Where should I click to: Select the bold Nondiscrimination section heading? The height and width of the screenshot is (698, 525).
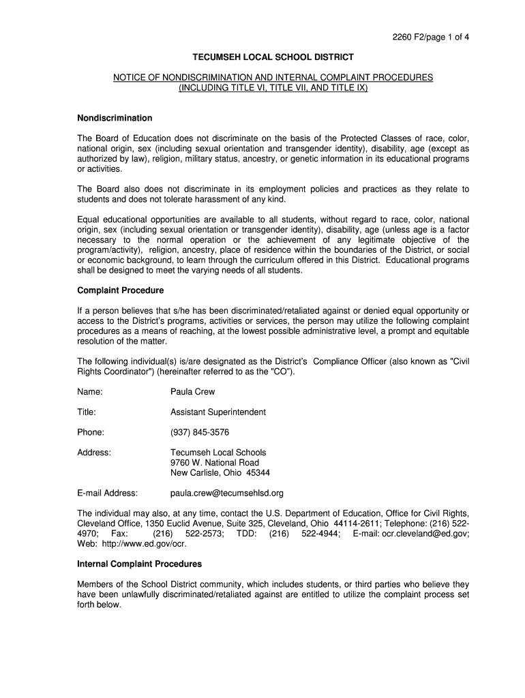tap(114, 118)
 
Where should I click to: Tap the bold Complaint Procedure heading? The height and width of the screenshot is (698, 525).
tap(120, 290)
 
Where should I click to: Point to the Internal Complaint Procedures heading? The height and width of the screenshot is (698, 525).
tap(139, 564)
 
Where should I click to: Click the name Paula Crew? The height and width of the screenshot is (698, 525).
tap(192, 392)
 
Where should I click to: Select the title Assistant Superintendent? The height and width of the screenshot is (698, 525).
tap(218, 412)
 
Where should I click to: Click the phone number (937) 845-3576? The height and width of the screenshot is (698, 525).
tap(200, 432)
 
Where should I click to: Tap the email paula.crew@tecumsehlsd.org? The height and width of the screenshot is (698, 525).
tap(226, 493)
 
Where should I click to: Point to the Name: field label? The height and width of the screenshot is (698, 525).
tap(90, 392)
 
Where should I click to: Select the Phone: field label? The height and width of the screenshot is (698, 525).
tap(91, 432)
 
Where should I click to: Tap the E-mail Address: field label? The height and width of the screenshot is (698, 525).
tap(108, 493)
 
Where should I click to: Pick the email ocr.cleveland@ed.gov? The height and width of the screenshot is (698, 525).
tap(424, 534)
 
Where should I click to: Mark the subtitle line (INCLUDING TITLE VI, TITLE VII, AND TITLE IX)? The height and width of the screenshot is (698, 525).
tap(273, 88)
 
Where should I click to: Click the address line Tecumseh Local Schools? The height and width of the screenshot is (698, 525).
tap(218, 453)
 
